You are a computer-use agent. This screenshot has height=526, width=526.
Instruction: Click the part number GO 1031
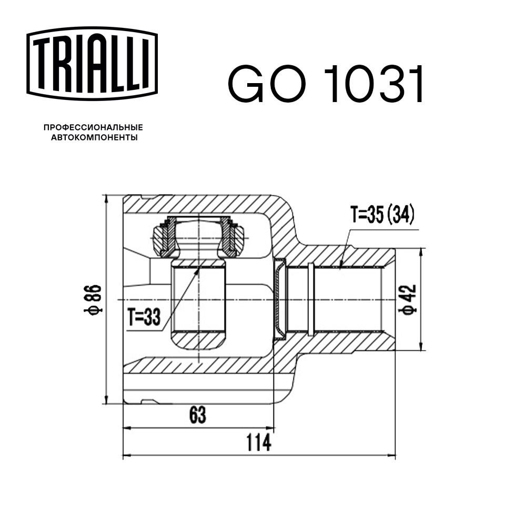326,84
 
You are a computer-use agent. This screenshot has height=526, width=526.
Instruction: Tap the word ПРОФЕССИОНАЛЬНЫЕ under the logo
93,127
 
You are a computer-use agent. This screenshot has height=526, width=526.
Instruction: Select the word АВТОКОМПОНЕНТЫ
93,138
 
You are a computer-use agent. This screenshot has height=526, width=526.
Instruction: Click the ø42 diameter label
410,300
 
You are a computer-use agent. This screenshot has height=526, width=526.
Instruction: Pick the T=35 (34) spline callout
382,215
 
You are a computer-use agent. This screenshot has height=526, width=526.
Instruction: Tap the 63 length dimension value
197,415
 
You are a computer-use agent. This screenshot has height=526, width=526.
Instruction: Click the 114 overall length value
259,443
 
